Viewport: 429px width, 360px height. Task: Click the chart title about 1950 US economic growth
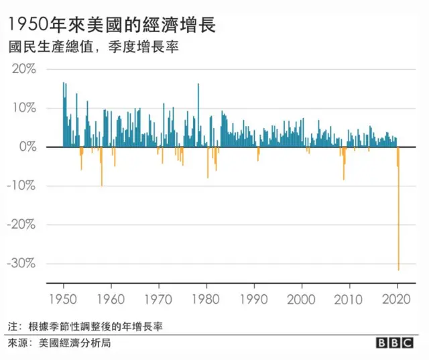111,25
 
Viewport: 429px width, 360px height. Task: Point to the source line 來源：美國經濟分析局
59,343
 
